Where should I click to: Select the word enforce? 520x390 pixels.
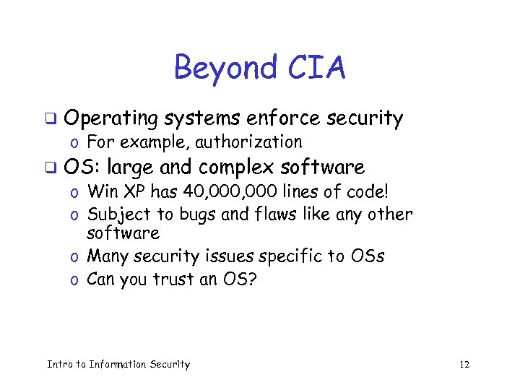point(285,118)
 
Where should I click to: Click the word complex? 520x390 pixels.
point(236,168)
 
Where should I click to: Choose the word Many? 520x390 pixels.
point(108,256)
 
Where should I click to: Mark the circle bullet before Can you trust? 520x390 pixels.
point(75,280)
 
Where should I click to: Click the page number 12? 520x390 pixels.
point(464,364)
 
